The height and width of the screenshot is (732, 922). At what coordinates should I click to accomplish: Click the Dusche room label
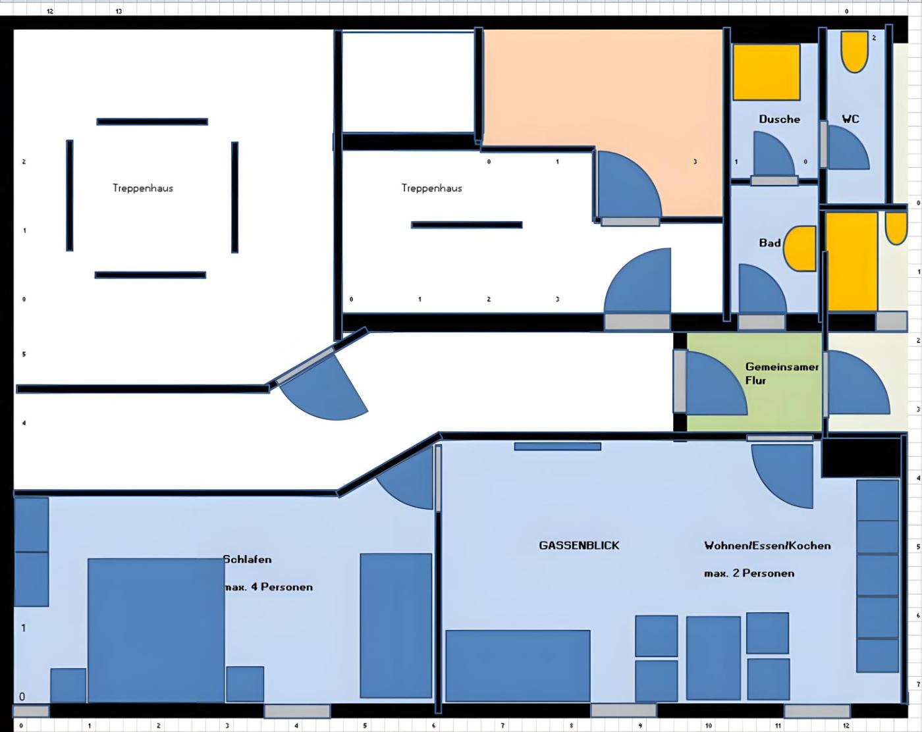click(x=779, y=119)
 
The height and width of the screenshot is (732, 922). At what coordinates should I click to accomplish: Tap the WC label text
click(x=850, y=119)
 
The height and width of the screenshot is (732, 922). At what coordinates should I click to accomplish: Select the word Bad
click(x=769, y=243)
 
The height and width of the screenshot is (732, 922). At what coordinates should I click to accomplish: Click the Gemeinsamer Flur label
click(x=782, y=373)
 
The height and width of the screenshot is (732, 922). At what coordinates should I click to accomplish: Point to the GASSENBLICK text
click(x=579, y=545)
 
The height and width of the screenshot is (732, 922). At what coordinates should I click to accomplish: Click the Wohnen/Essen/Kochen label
click(x=767, y=545)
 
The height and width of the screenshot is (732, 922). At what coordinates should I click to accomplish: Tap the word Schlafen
click(x=247, y=559)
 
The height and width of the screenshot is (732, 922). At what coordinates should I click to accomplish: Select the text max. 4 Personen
click(x=269, y=587)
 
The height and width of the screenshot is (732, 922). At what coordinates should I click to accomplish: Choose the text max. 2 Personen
click(x=749, y=573)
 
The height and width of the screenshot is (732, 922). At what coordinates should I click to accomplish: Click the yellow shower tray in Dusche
click(x=766, y=72)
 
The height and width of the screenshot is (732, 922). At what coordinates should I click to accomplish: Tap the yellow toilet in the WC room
click(x=855, y=52)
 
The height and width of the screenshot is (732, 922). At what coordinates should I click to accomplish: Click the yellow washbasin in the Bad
click(x=800, y=248)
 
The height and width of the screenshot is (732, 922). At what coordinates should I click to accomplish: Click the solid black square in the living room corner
click(x=861, y=457)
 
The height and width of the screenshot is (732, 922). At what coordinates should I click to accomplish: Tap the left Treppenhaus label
click(x=143, y=188)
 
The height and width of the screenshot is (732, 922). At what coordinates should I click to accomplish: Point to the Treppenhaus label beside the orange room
click(x=431, y=188)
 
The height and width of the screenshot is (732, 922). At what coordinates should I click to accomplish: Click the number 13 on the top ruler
click(x=119, y=11)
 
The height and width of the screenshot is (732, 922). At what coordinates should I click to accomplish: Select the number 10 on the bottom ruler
click(x=708, y=725)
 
